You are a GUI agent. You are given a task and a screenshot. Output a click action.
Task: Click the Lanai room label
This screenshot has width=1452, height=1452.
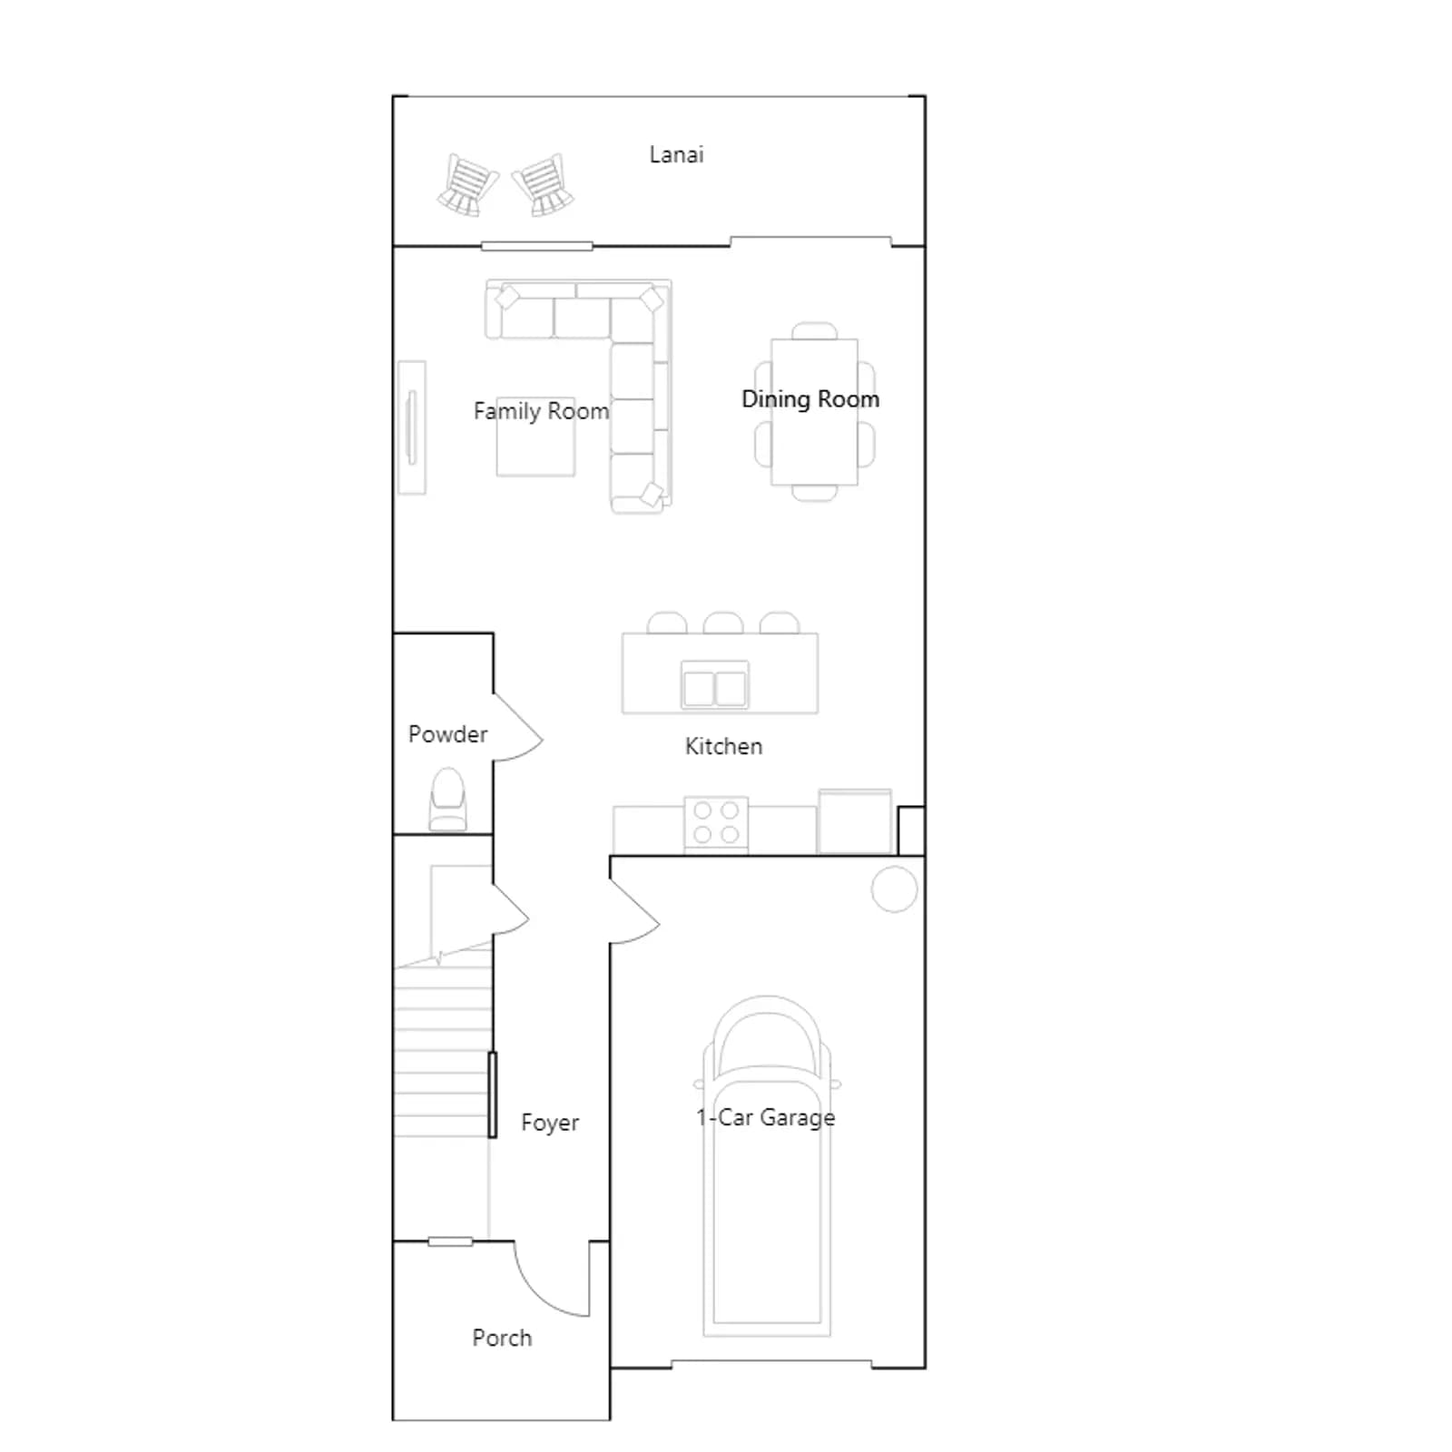coord(676,154)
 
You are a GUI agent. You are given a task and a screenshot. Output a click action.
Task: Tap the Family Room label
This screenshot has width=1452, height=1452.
coord(541,411)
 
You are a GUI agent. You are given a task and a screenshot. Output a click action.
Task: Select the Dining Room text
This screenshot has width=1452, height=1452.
coord(810,399)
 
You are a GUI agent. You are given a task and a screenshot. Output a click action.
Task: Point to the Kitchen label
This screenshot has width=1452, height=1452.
coord(723,746)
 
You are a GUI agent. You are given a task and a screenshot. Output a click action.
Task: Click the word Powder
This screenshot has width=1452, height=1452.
coord(447,734)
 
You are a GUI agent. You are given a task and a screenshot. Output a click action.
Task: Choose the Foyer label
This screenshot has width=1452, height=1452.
coord(550,1123)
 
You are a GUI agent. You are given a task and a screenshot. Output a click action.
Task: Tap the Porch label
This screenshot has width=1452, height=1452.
coord(502,1338)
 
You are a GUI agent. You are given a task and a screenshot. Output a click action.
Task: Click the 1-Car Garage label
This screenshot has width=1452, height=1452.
coord(765,1117)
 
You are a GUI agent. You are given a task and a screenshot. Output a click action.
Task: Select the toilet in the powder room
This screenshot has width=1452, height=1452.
coord(447,799)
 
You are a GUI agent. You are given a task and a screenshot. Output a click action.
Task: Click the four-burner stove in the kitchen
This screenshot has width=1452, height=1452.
coord(716,823)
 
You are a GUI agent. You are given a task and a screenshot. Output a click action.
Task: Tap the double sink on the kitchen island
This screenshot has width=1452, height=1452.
coord(715,685)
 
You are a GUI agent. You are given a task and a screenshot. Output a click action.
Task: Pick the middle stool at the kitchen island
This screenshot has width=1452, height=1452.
coord(723,623)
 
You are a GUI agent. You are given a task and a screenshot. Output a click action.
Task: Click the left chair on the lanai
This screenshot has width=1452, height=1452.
coord(467,184)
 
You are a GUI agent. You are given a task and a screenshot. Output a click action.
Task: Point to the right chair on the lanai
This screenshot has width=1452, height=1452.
coord(543,185)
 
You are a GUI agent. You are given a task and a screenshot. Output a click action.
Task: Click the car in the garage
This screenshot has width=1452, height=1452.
coord(767,1166)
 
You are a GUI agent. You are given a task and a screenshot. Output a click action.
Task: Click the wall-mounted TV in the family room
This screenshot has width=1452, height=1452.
coord(412,427)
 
